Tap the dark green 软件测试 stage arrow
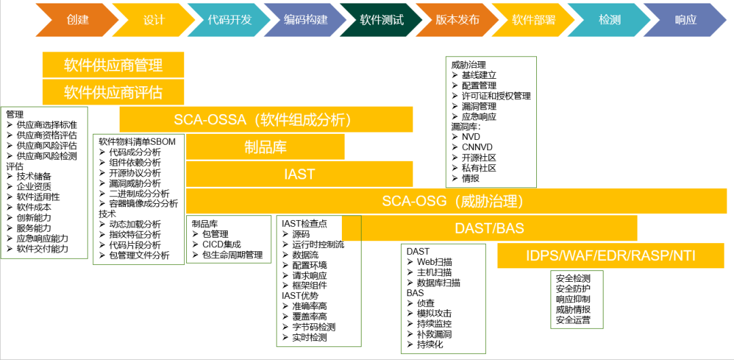point(381,20)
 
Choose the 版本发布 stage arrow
point(457,20)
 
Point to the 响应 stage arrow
point(686,20)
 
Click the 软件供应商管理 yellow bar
point(113,65)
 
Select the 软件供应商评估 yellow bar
point(113,92)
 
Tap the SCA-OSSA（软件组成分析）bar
point(266,120)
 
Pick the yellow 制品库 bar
point(265,147)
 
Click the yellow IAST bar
point(299,174)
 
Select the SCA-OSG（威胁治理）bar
point(456,201)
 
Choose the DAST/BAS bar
point(489,228)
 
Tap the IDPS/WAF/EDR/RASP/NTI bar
point(612,255)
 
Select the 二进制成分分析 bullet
point(139,194)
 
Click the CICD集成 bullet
point(222,245)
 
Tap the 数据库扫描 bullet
point(438,283)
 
